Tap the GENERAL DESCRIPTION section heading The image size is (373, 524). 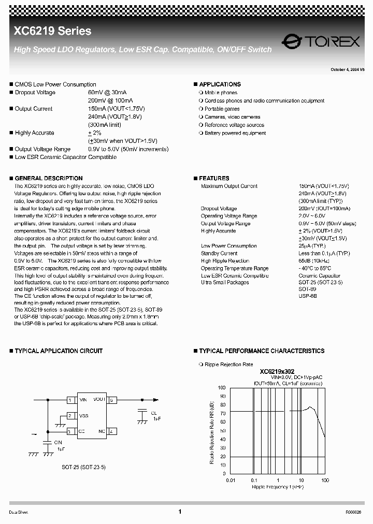48,178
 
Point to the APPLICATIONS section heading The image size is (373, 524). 220,84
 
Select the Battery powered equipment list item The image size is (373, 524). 235,133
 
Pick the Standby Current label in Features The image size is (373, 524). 219,254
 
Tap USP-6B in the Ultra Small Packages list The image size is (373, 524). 308,296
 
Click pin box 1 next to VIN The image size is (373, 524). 69,400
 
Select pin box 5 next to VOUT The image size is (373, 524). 112,400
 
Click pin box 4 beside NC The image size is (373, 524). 112,431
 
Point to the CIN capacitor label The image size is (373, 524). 59,442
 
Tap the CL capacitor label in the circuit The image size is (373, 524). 154,413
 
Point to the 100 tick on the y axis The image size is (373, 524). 222,388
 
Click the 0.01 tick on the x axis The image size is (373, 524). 231,481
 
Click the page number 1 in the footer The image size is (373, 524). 180,512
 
